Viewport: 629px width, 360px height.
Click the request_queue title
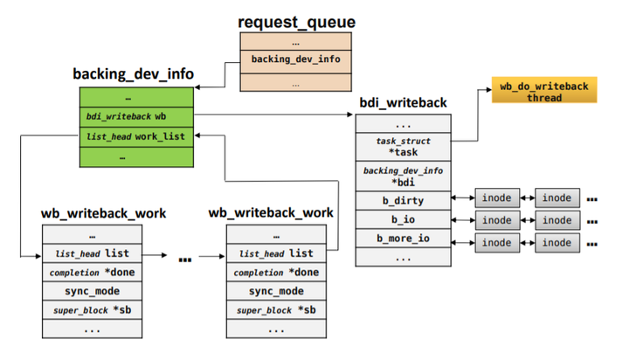click(x=296, y=20)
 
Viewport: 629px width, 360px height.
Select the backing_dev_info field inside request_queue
click(x=295, y=59)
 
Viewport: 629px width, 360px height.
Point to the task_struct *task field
click(x=403, y=146)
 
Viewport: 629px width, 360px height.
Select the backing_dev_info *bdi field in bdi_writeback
click(x=403, y=175)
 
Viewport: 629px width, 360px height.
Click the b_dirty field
click(x=403, y=200)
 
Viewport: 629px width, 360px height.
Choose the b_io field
click(x=403, y=219)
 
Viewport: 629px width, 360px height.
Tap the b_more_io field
click(x=403, y=239)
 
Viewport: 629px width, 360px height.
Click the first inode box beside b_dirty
click(x=497, y=197)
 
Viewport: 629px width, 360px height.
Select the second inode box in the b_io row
click(x=556, y=220)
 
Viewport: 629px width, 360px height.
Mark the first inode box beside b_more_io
click(x=497, y=242)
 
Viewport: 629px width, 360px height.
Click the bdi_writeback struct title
click(x=403, y=103)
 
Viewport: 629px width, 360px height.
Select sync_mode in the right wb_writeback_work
click(x=276, y=291)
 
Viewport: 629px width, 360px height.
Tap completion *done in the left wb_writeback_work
click(x=92, y=273)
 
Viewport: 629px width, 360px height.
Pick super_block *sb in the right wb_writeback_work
click(x=276, y=310)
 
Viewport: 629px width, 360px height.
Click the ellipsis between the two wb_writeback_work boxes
click(x=184, y=259)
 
